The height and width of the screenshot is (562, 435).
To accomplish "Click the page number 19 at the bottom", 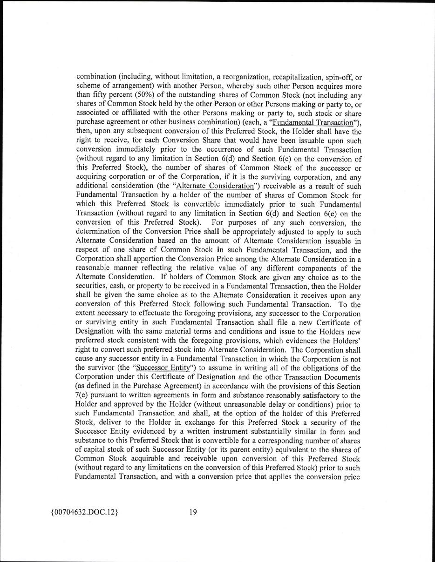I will point(193,512).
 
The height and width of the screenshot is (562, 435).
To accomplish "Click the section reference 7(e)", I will point(82,396).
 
